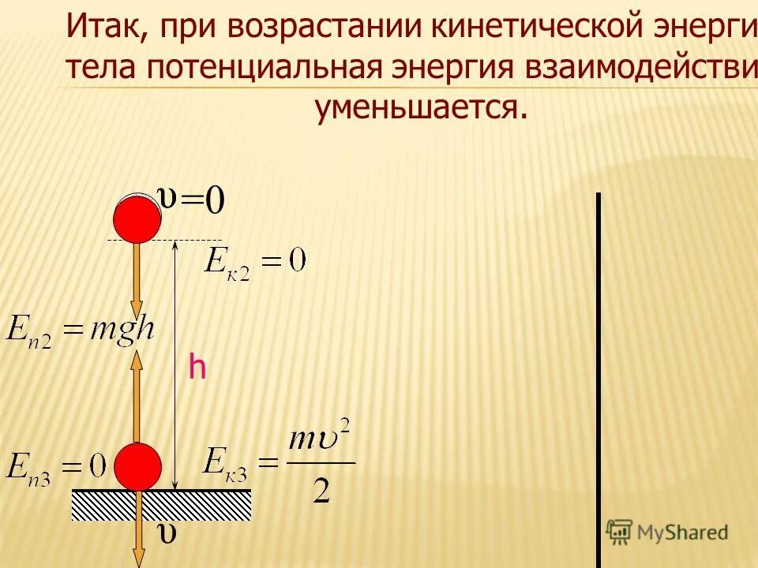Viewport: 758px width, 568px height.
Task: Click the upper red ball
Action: tap(137, 219)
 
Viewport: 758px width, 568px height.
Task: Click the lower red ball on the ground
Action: tap(137, 466)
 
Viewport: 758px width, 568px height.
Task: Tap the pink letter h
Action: tap(197, 368)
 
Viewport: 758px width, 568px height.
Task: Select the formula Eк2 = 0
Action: tap(255, 261)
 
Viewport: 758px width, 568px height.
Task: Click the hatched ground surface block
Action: tap(162, 505)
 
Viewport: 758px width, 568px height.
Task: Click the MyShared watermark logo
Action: tap(667, 532)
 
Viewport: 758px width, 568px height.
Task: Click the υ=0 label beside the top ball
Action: tap(192, 200)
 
